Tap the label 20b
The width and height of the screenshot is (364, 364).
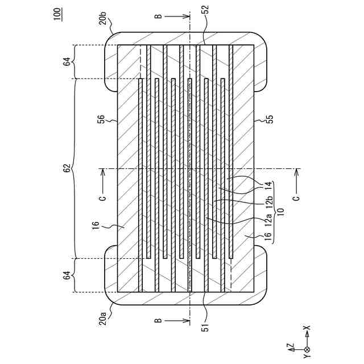pyautogui.click(x=102, y=22)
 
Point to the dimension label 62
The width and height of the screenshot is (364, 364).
pyautogui.click(x=67, y=169)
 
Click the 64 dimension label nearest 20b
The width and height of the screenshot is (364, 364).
pyautogui.click(x=67, y=61)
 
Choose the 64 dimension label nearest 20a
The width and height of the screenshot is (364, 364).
pyautogui.click(x=67, y=275)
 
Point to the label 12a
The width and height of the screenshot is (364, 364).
pyautogui.click(x=269, y=220)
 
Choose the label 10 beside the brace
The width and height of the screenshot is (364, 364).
pyautogui.click(x=280, y=210)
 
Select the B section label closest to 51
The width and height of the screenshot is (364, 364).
pyautogui.click(x=156, y=322)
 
